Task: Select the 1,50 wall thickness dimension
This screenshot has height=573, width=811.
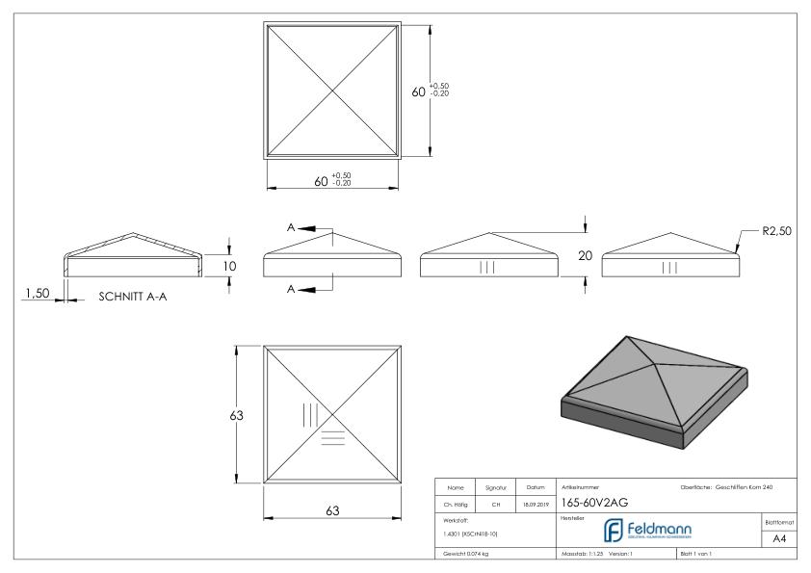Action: (x=37, y=293)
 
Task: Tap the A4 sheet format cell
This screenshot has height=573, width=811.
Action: (x=778, y=539)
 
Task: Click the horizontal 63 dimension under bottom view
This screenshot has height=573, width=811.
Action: (x=332, y=510)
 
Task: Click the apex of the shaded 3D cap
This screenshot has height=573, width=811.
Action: (x=629, y=339)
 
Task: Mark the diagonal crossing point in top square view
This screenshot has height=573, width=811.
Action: (x=332, y=91)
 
